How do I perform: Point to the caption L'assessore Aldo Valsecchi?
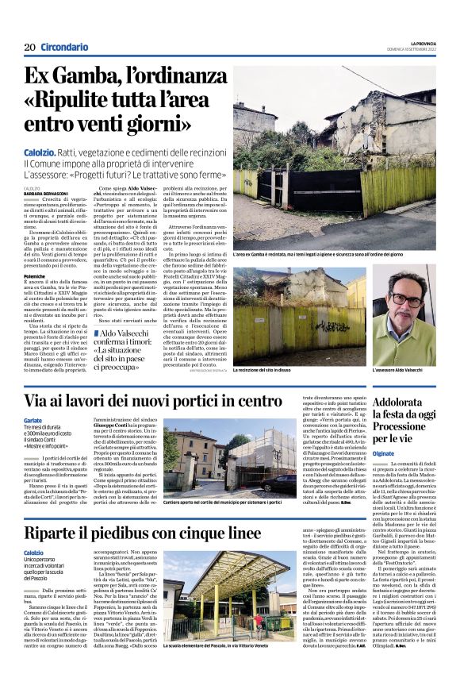398,370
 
